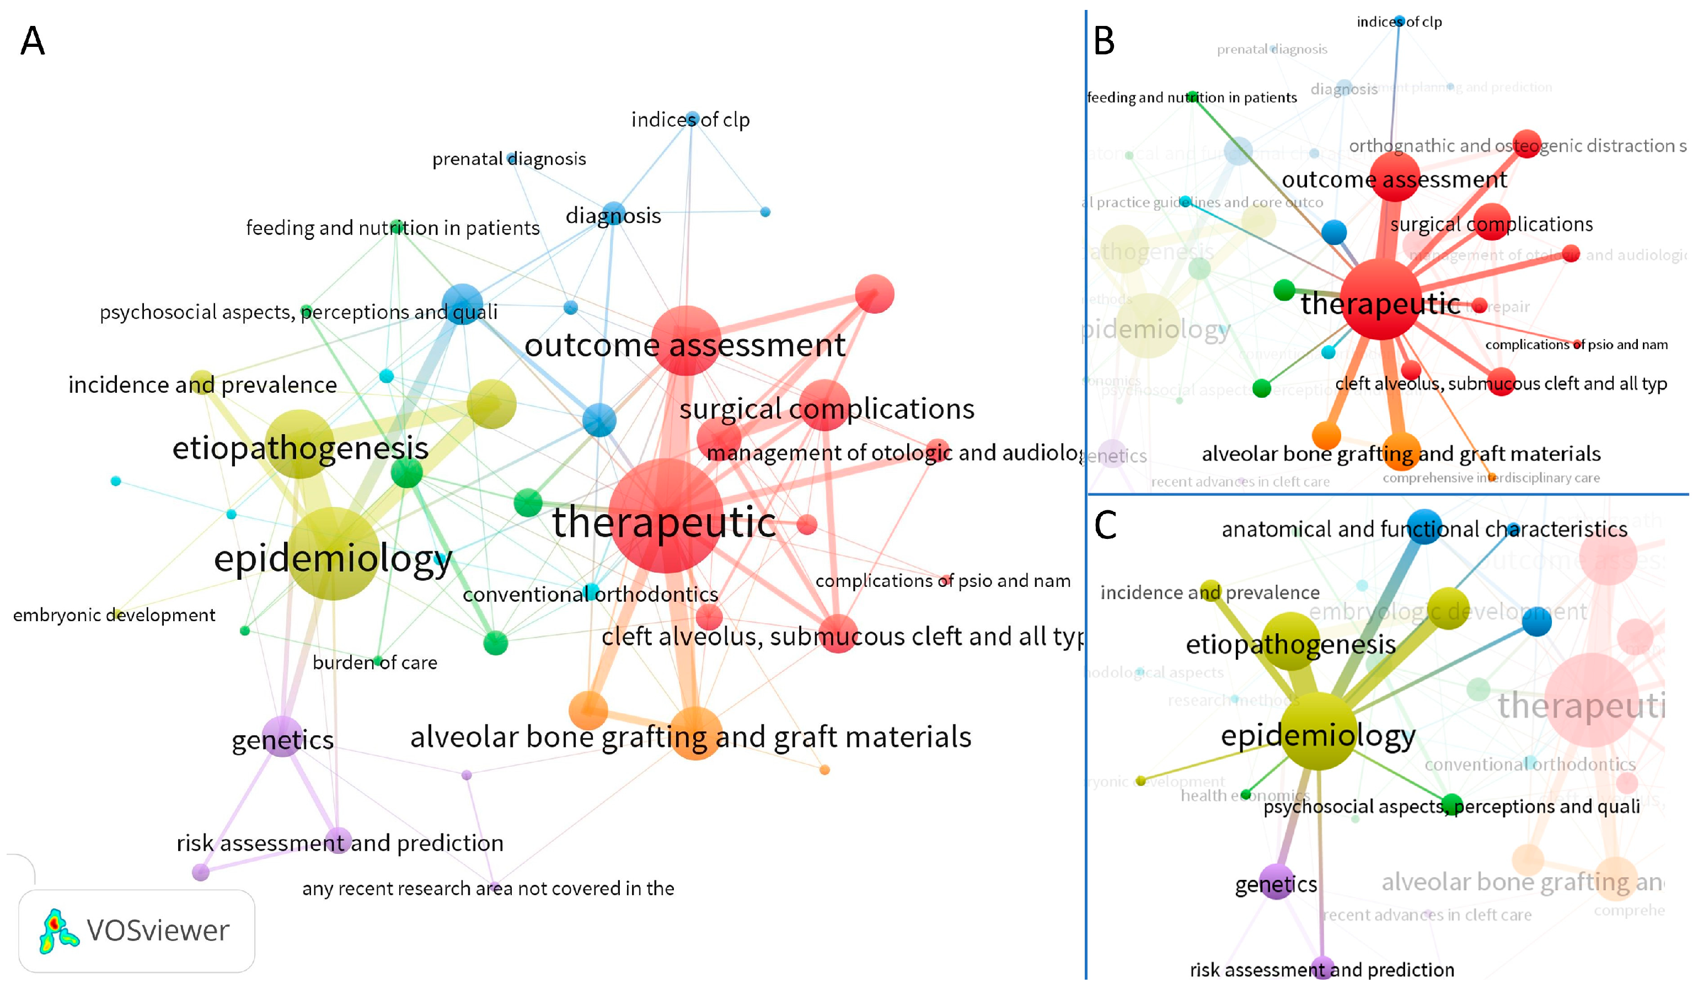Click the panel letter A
click(33, 41)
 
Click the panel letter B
click(1104, 41)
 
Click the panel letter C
click(1105, 525)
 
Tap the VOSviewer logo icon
click(58, 931)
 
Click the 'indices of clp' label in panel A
click(690, 120)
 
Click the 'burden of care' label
click(374, 663)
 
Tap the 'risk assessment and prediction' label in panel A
click(340, 843)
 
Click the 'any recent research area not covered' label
click(488, 889)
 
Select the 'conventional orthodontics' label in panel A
click(590, 595)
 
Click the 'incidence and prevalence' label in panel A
click(202, 385)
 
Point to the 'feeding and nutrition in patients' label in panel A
click(392, 228)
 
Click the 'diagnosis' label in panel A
click(613, 216)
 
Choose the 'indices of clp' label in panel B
click(1399, 22)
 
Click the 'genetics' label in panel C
click(1276, 884)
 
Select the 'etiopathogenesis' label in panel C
click(1290, 645)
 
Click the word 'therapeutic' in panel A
click(663, 523)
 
